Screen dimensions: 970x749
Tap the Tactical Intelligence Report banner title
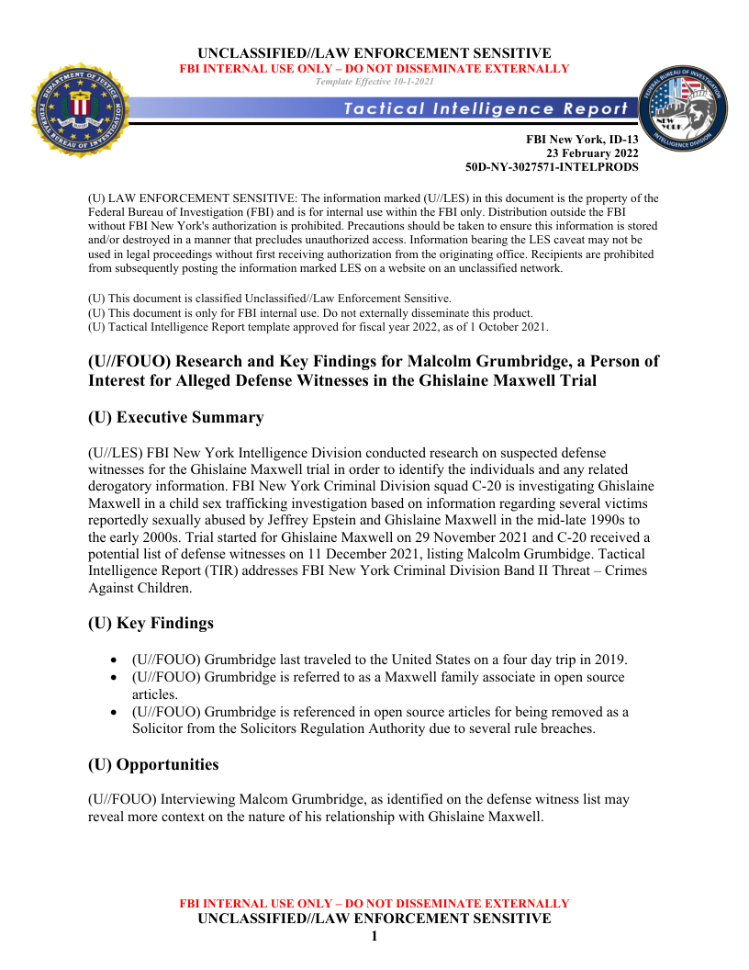click(x=486, y=108)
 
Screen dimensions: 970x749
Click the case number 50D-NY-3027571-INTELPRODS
click(x=552, y=167)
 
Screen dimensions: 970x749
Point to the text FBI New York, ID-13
click(x=581, y=140)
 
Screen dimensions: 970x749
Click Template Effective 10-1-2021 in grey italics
click(x=374, y=82)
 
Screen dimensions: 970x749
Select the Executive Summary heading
click(x=175, y=418)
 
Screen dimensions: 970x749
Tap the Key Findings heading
click(x=151, y=624)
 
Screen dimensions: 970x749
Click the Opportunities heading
click(x=153, y=765)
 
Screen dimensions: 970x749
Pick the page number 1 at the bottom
click(x=374, y=936)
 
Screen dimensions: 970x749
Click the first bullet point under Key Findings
click(x=113, y=660)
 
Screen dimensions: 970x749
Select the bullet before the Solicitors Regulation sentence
click(x=113, y=712)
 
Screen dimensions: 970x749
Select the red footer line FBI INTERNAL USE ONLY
click(x=374, y=904)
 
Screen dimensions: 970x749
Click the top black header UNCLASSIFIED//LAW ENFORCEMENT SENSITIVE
click(x=374, y=53)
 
